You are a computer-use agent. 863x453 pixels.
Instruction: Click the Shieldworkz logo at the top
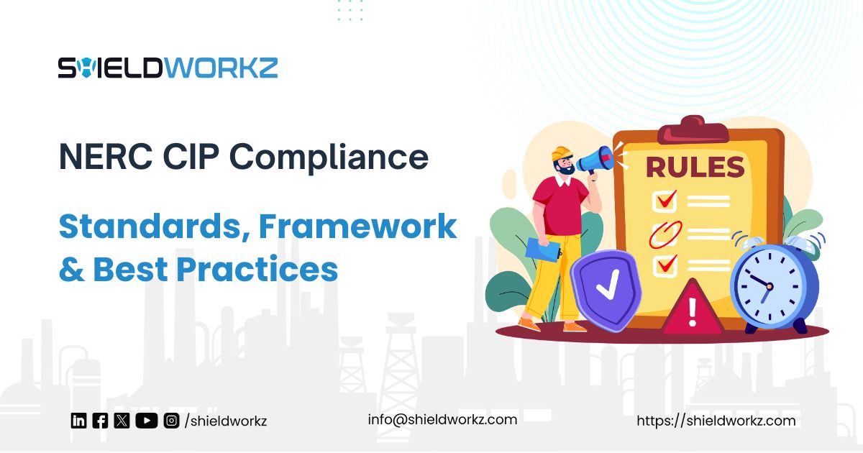(x=168, y=68)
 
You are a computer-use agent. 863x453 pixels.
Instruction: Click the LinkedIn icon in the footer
(x=78, y=421)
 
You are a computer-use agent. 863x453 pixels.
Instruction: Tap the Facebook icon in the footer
(x=100, y=421)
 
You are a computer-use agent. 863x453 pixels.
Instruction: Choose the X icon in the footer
(x=122, y=421)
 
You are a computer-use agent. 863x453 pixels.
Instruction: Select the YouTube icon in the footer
(x=146, y=421)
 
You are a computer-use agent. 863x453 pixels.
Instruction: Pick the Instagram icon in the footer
(x=171, y=421)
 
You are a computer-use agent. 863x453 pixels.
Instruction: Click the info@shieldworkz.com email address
(x=442, y=419)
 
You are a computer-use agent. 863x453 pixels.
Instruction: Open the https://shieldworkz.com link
(x=716, y=421)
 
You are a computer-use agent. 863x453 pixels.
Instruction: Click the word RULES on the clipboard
(x=694, y=167)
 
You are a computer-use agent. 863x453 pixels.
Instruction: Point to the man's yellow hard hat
(x=561, y=155)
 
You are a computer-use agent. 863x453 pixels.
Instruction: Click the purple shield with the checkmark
(x=606, y=287)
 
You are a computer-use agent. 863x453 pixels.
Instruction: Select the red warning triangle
(x=692, y=309)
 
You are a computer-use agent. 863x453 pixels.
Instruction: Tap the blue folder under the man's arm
(x=542, y=249)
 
